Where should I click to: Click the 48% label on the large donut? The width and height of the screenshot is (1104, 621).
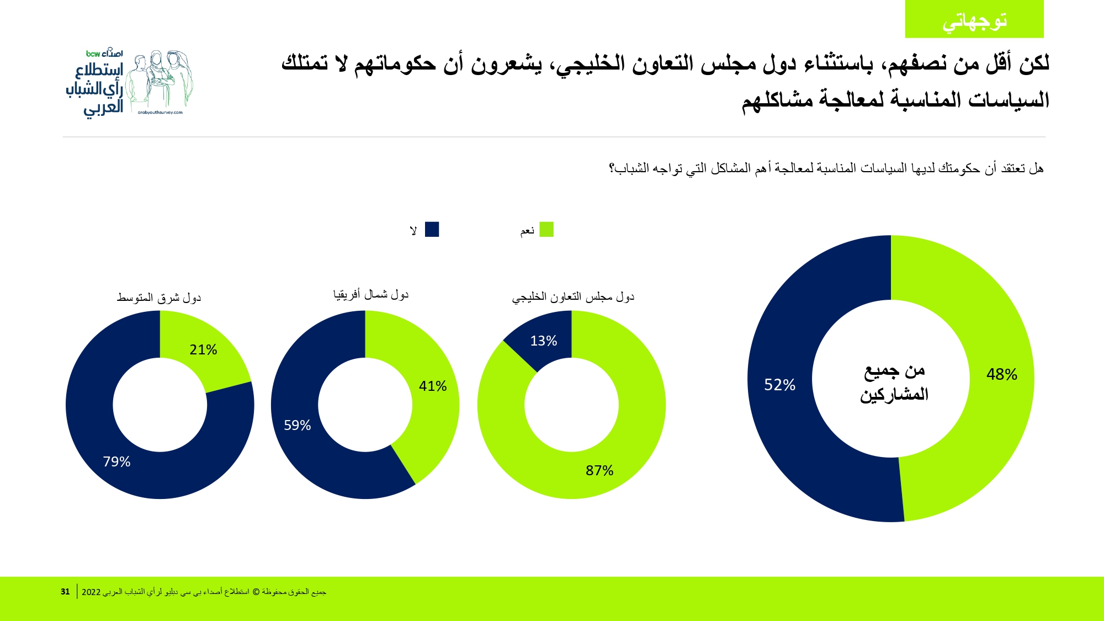[x=1001, y=375]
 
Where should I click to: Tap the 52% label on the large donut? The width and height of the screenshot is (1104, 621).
[x=779, y=385]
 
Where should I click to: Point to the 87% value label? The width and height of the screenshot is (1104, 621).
[x=599, y=471]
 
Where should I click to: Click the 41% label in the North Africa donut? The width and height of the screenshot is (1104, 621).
[x=432, y=386]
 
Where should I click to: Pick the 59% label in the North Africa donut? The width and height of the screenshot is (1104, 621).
[x=297, y=426]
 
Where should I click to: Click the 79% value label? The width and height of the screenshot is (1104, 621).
[x=116, y=462]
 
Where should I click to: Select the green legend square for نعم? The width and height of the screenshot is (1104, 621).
[x=546, y=230]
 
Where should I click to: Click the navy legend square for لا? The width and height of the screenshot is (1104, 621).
[x=432, y=230]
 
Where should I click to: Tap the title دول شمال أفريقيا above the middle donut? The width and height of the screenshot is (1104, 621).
[x=371, y=295]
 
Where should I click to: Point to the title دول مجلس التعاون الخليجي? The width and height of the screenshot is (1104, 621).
[x=573, y=297]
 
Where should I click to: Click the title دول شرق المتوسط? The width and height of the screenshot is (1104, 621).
[x=159, y=298]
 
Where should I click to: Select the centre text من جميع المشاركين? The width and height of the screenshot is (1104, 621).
[x=894, y=383]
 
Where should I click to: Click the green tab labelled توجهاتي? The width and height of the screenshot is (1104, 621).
[x=974, y=20]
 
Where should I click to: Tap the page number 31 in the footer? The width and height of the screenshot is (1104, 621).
[x=65, y=592]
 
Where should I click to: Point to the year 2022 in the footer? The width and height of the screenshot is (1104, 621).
[x=91, y=592]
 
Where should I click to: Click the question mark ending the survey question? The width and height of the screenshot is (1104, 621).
[x=612, y=168]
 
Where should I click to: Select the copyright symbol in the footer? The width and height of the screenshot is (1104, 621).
[x=256, y=592]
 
